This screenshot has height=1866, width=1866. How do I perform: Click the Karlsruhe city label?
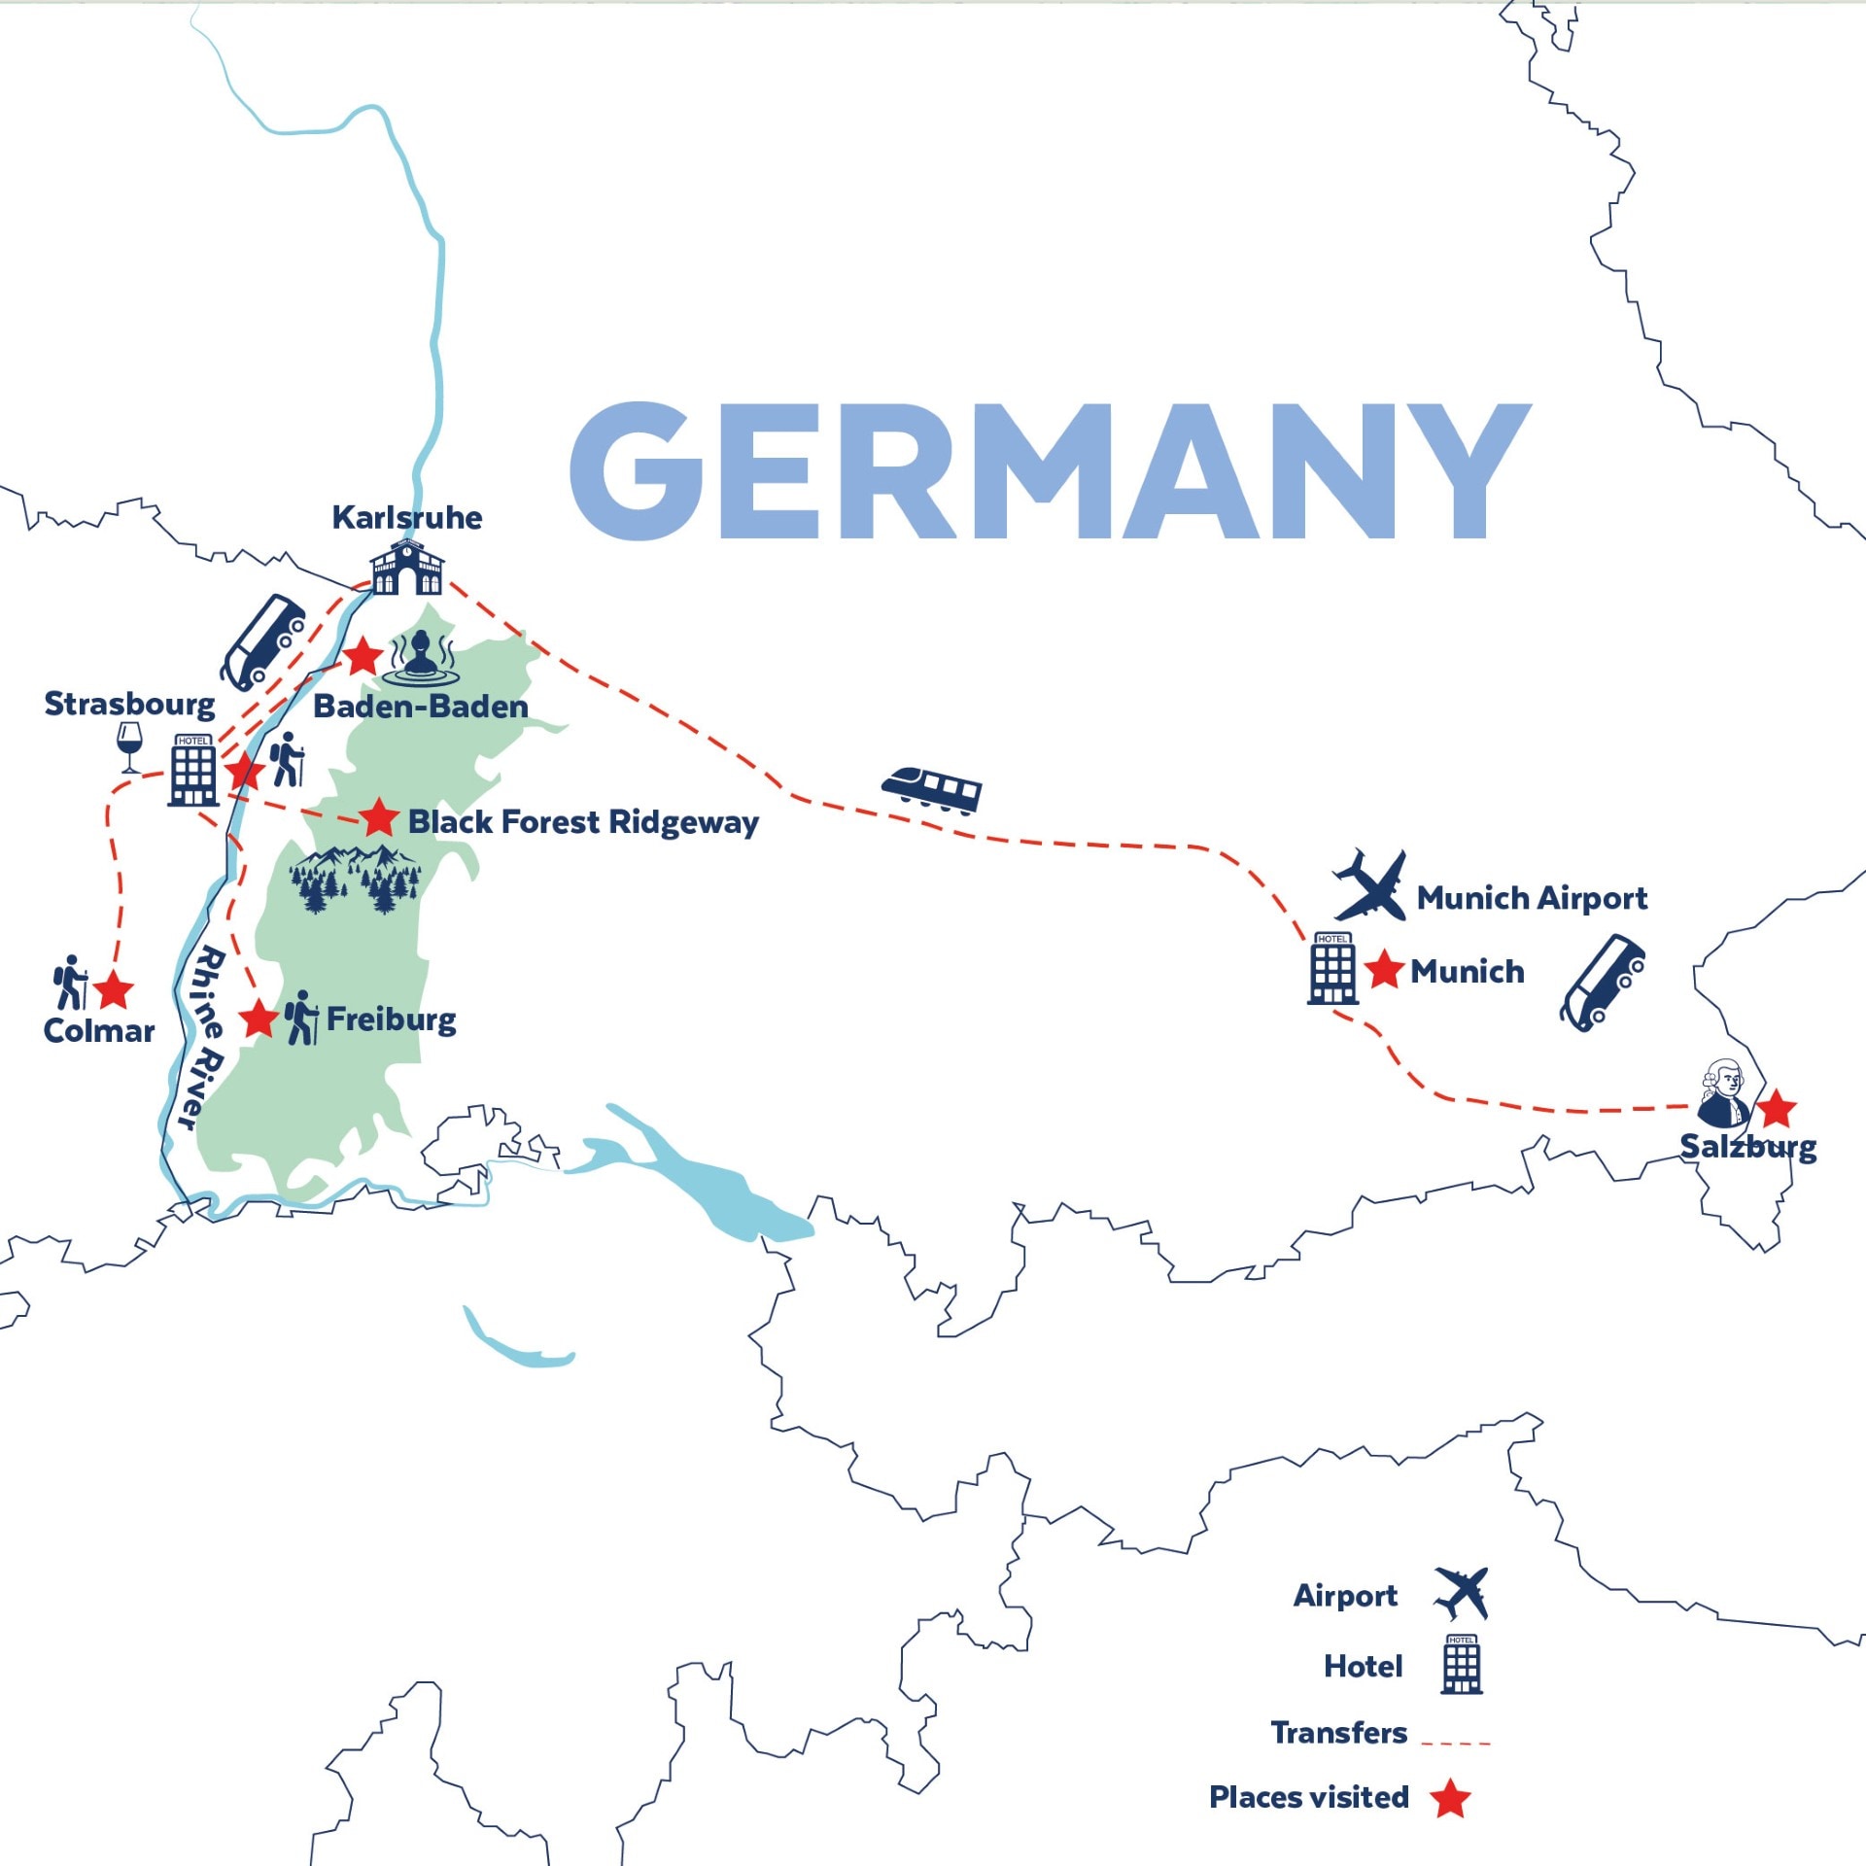pos(406,517)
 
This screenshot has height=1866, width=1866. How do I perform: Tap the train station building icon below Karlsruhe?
pos(406,568)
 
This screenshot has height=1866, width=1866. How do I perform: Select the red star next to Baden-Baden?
pos(363,657)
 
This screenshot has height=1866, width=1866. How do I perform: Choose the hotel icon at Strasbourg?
pos(193,771)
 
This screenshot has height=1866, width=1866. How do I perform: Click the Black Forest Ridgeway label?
pos(583,822)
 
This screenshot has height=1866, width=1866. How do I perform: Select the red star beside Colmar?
pos(114,990)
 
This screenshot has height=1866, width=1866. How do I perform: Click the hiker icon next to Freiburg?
pos(301,1018)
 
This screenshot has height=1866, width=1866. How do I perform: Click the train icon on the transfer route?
pos(931,788)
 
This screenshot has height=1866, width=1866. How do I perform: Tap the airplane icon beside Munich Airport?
pos(1370,885)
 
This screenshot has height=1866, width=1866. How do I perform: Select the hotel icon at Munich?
pos(1332,968)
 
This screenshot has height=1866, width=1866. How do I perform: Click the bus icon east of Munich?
pos(1603,982)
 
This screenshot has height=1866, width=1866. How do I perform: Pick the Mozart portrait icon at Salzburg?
pos(1724,1093)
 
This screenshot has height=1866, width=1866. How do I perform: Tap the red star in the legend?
pos(1450,1799)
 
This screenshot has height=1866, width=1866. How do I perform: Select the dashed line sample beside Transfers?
pos(1455,1744)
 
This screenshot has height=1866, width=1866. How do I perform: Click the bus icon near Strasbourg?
pos(262,640)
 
